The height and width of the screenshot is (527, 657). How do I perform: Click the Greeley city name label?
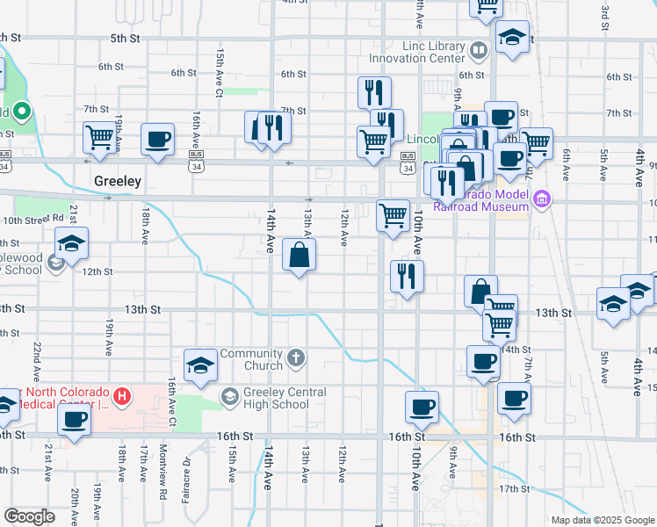(118, 181)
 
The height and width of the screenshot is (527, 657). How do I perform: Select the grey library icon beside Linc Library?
(478, 51)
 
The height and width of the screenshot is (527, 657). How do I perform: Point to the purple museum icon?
(543, 200)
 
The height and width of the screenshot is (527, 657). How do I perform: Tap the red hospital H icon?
(123, 398)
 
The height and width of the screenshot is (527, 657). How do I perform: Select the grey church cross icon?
(297, 358)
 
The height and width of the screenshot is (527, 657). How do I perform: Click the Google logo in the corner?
(30, 516)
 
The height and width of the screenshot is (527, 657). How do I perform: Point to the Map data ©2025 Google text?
(603, 520)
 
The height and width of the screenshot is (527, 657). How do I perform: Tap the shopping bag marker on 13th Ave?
(300, 256)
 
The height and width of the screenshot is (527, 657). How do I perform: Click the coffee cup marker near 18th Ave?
(157, 139)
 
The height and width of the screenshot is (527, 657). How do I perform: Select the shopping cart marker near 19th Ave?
(100, 138)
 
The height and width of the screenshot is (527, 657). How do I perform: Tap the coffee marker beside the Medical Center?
(74, 419)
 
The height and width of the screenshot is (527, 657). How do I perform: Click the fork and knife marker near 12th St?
(408, 277)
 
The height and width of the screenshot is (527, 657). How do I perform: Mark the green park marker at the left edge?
(23, 112)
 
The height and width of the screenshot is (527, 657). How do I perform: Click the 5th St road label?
(125, 39)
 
